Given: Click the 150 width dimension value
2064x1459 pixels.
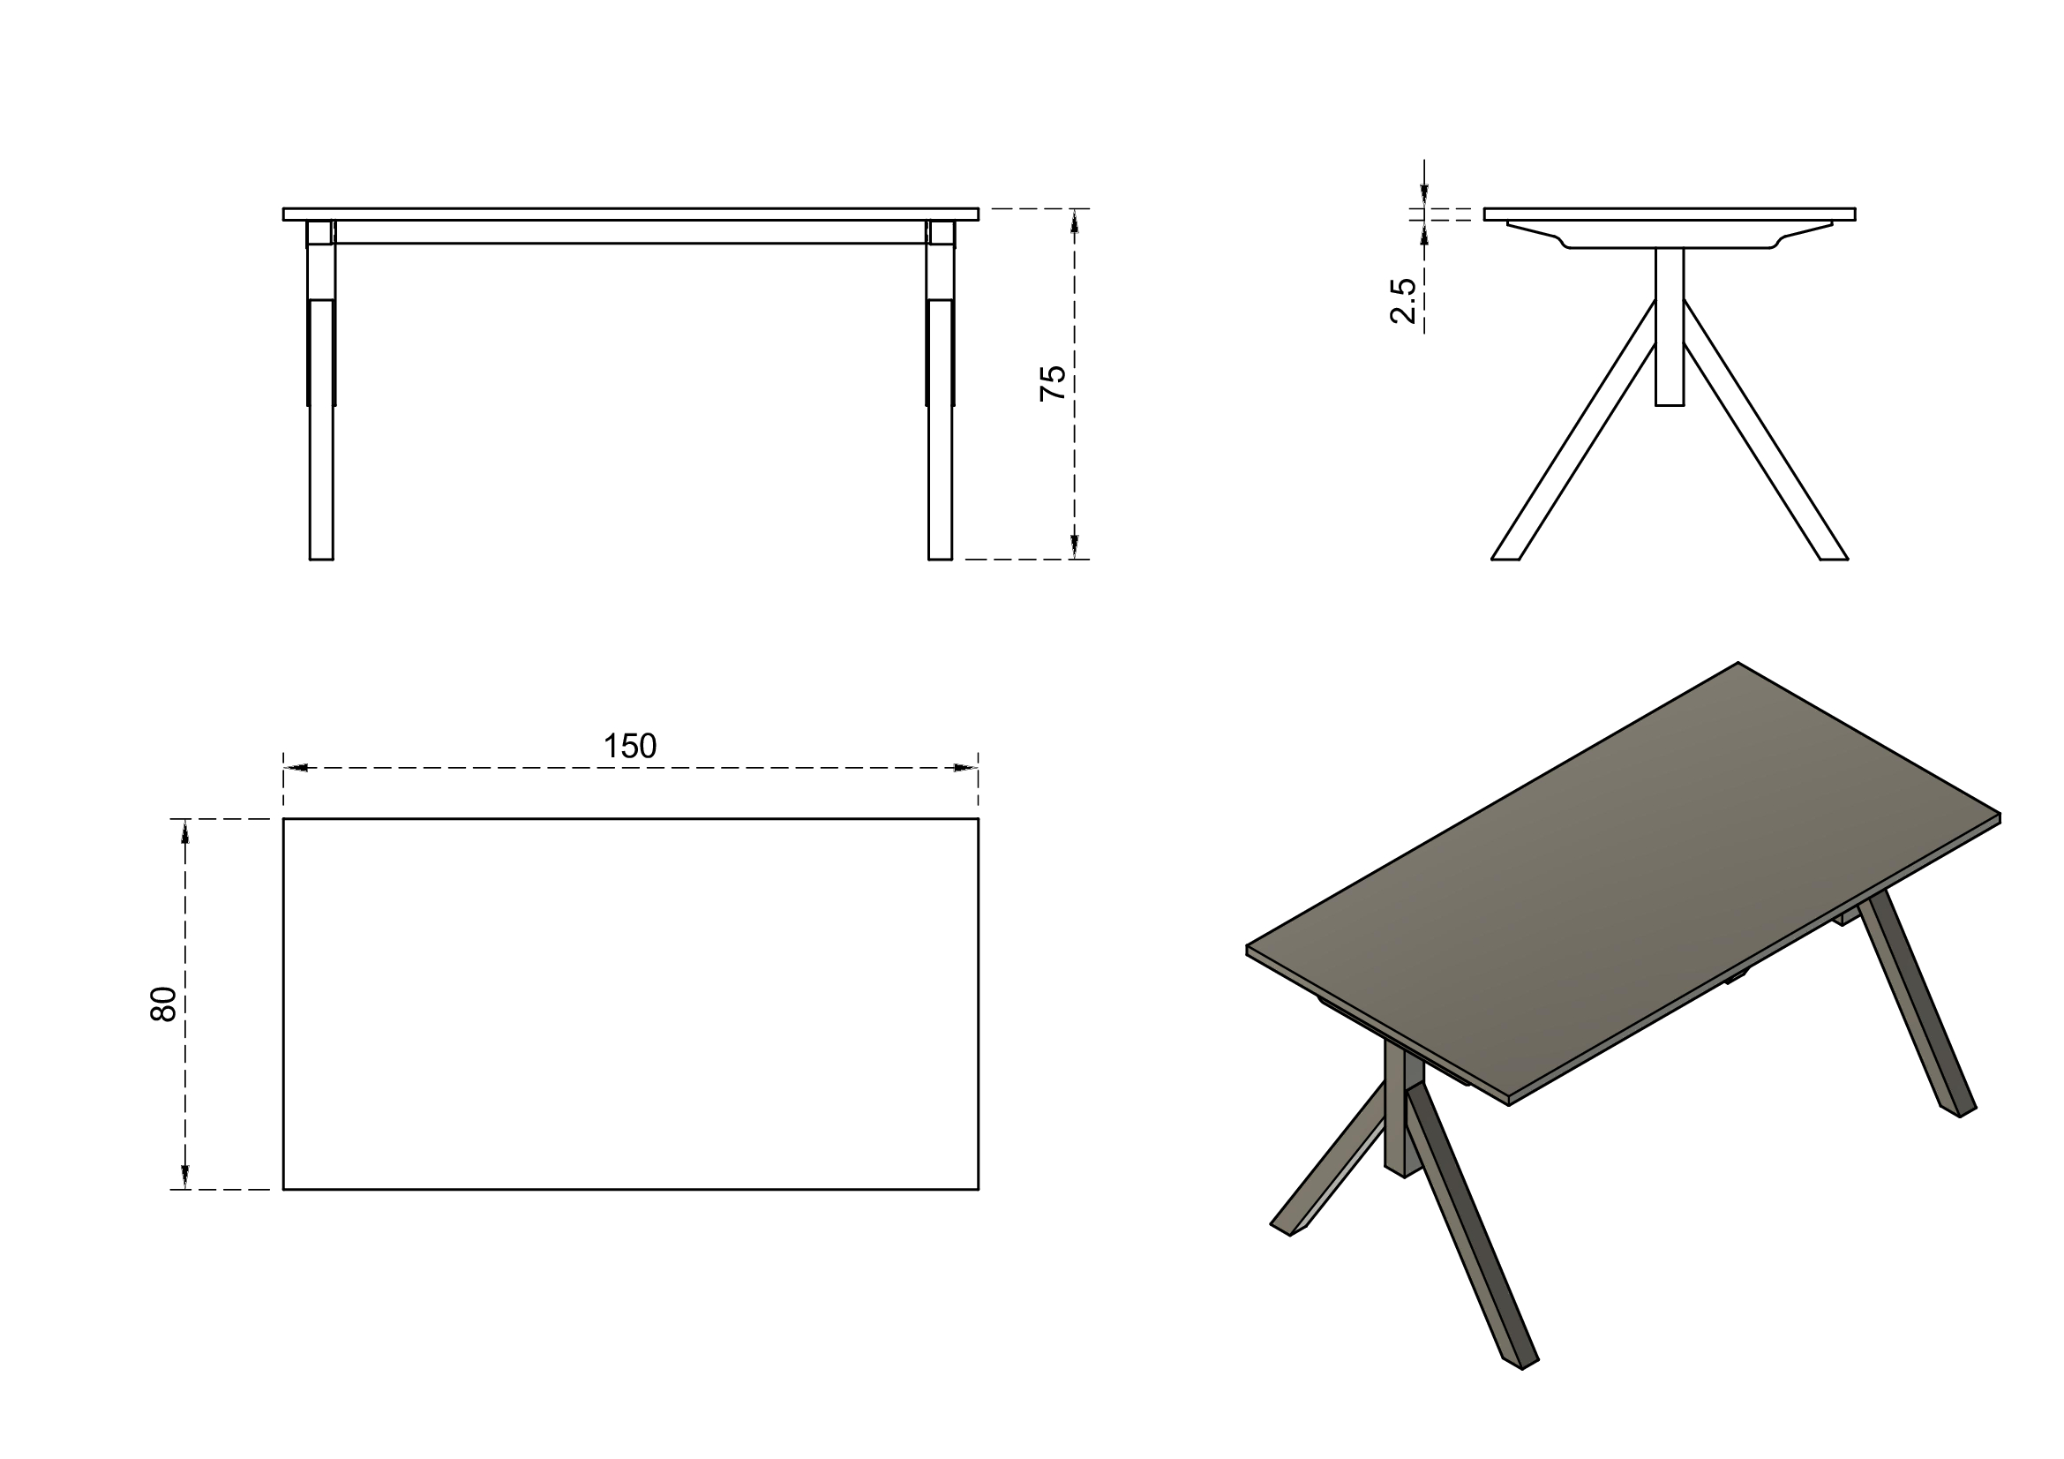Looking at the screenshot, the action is [x=629, y=746].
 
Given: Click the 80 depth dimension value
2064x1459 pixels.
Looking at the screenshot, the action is [x=163, y=1004].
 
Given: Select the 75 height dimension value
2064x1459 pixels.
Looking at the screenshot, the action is [x=1053, y=383].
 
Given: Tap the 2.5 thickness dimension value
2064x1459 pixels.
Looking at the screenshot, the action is [x=1403, y=300].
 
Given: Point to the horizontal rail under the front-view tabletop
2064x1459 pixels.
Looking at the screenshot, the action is [x=630, y=232].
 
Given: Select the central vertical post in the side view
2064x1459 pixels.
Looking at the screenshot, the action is [x=1670, y=327].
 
